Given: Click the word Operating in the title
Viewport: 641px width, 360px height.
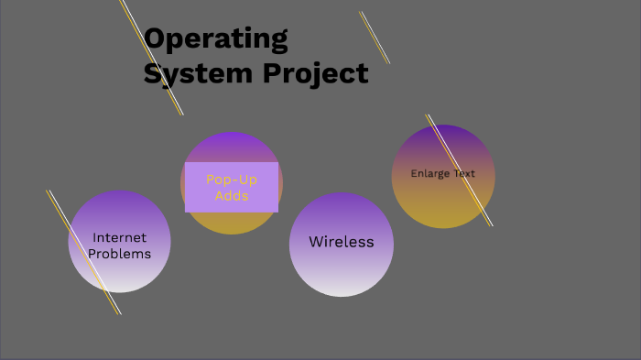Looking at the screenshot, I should tap(216, 40).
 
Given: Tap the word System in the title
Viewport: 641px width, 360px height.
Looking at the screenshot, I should tap(183, 73).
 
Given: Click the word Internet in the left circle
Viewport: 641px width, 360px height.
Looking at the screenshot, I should tap(119, 238).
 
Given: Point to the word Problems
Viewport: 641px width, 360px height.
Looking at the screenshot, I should tap(119, 254).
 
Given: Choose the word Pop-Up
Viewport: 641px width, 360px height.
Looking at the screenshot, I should tap(232, 180).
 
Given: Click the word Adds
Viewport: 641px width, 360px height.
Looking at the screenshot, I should tap(232, 195).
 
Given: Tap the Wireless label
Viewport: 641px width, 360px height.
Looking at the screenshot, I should tap(342, 242).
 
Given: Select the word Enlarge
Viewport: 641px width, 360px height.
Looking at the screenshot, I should tap(428, 173).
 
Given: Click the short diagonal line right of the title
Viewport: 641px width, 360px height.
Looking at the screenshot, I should tap(375, 38).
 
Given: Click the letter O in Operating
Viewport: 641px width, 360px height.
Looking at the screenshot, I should tap(157, 38).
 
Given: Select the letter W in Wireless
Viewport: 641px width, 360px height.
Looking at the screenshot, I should tap(317, 242).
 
